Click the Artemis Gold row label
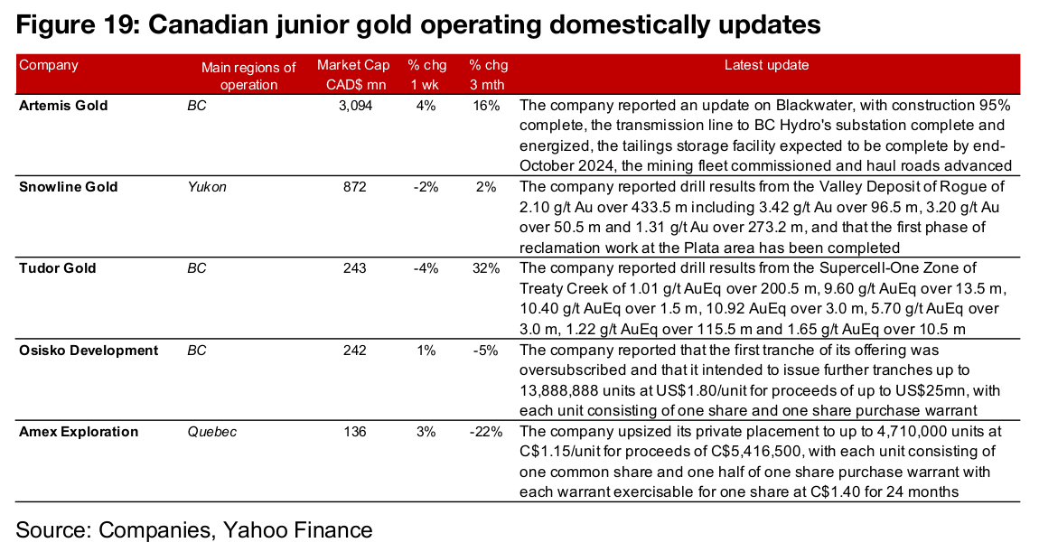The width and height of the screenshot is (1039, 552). point(63,106)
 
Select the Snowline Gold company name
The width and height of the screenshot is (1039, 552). point(69,187)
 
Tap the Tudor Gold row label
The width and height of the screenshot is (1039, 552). point(58,268)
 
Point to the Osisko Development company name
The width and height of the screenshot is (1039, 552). point(89,350)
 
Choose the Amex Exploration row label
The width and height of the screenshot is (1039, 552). point(79,432)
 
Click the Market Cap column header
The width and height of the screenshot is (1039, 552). point(353,75)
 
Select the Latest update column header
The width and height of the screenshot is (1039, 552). point(767,65)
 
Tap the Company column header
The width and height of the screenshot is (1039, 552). point(49,66)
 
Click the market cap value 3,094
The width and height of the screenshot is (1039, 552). point(355,106)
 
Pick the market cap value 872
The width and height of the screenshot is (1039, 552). point(354,187)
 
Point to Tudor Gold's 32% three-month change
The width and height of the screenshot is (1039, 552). point(486,268)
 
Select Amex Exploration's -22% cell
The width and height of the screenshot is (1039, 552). point(486,432)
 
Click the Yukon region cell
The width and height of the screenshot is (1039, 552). point(207,187)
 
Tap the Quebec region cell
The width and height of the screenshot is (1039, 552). point(212,432)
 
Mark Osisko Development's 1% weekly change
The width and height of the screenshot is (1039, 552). point(426,350)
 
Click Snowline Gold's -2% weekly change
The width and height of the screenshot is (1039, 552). point(426,187)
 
